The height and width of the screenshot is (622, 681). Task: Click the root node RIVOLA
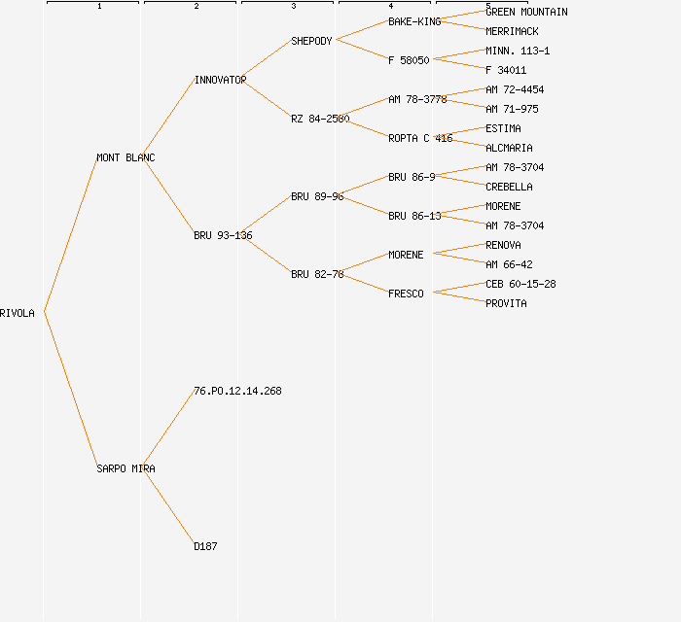coord(18,313)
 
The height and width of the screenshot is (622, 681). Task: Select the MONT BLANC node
coord(125,157)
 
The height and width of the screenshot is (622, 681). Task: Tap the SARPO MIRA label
coord(125,468)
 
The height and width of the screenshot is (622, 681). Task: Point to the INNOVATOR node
coord(220,80)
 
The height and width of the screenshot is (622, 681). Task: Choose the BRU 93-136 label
coord(223,235)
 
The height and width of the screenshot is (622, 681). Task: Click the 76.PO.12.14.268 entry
coord(237,391)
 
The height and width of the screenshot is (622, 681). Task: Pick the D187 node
coord(205,546)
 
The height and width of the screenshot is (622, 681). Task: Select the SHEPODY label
coord(311,41)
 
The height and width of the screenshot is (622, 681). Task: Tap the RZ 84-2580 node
coord(320,119)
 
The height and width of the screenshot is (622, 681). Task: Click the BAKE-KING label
coord(414,21)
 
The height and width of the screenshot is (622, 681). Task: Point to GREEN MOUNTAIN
coord(526,12)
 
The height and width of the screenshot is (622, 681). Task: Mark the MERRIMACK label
coord(512,31)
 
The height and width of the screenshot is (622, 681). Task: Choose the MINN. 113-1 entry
coord(518,51)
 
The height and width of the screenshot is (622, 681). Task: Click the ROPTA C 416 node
coord(420,138)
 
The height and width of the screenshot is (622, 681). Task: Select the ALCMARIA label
coord(509,148)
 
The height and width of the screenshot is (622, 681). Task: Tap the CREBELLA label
coord(509,187)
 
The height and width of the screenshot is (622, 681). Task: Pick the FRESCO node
coord(406,294)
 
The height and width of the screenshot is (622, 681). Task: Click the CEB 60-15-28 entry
coord(520,284)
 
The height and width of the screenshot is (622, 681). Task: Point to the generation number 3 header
coord(294,7)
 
